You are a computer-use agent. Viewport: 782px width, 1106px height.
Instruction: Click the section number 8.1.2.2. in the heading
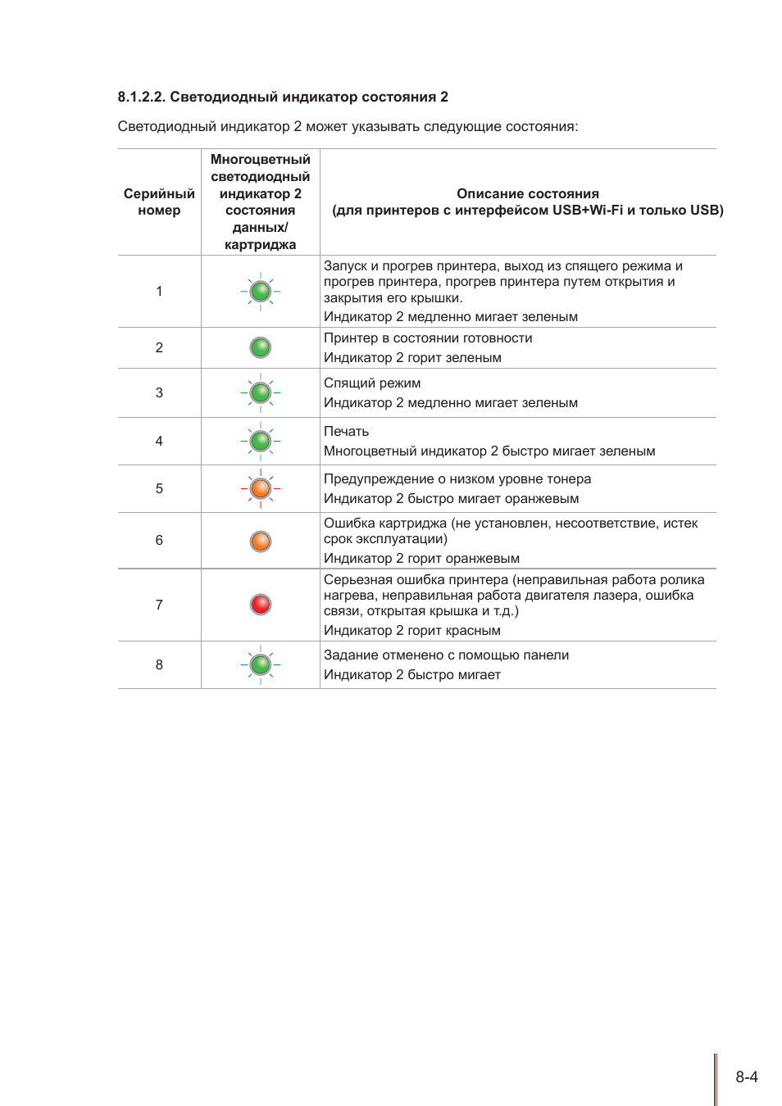coord(142,97)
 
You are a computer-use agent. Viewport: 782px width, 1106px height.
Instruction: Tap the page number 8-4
coord(746,1077)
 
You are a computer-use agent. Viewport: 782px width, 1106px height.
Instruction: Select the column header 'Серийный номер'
coord(159,202)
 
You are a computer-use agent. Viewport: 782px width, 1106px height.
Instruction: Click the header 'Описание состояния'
coord(527,193)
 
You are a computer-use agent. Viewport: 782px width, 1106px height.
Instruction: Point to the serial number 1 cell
coord(159,291)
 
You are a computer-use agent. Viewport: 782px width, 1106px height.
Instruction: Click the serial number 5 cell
coord(159,488)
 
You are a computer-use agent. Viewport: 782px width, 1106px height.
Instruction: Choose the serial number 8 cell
coord(159,664)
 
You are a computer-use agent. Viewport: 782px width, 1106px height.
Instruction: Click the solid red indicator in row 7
coord(261,605)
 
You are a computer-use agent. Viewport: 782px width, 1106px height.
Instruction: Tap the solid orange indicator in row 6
coord(261,541)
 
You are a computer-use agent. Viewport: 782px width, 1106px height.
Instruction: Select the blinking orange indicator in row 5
coord(261,488)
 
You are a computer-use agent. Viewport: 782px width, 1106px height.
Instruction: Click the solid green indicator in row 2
coord(261,347)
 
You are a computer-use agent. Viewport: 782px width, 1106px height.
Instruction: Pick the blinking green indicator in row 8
coord(261,664)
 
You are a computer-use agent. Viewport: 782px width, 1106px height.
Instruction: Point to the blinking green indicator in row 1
coord(261,291)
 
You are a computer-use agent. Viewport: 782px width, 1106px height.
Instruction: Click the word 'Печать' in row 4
coord(346,431)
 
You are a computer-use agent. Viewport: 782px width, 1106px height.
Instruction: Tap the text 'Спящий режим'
coord(372,383)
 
